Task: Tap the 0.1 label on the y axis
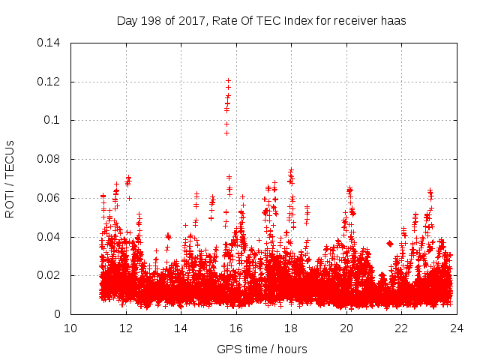point(54,121)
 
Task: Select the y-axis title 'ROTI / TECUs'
point(10,178)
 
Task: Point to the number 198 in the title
point(151,21)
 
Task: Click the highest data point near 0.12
point(228,80)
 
